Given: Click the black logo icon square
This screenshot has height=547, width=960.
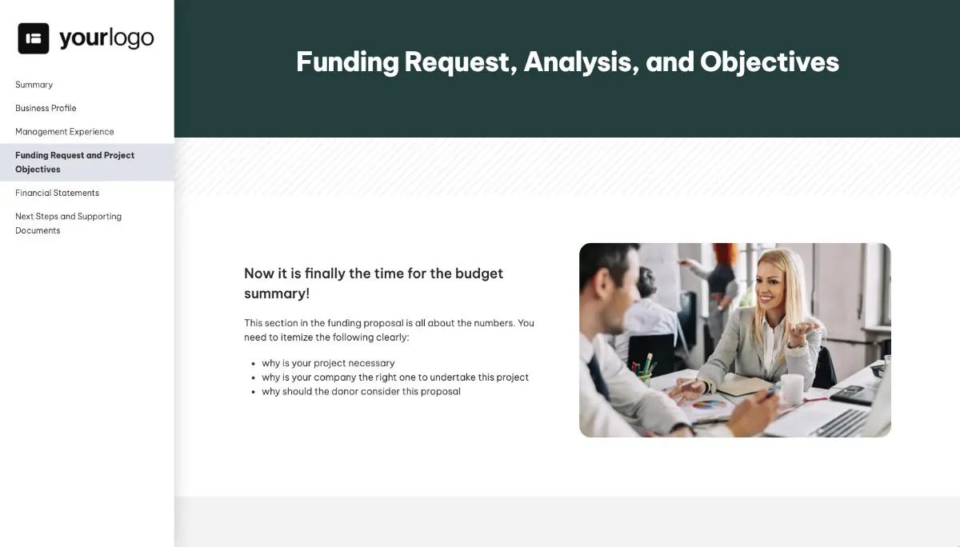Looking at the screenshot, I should click(34, 38).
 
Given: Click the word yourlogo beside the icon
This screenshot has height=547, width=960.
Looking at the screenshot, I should click(106, 38).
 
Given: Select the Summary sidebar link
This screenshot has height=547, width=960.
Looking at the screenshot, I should click(34, 85).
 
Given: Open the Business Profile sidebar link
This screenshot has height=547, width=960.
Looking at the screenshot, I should click(46, 108).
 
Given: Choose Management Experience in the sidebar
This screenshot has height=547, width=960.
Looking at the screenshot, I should click(64, 132).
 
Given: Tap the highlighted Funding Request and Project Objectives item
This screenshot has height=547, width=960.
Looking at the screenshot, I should click(74, 162).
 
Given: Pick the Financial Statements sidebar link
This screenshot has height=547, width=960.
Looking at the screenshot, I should click(57, 193).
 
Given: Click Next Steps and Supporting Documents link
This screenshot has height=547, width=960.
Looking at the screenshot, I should click(68, 223).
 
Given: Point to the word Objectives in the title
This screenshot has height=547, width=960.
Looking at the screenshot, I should click(770, 62).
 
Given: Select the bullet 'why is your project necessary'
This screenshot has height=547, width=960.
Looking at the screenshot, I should click(328, 363).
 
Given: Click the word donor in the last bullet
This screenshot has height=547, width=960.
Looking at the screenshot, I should click(345, 392).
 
